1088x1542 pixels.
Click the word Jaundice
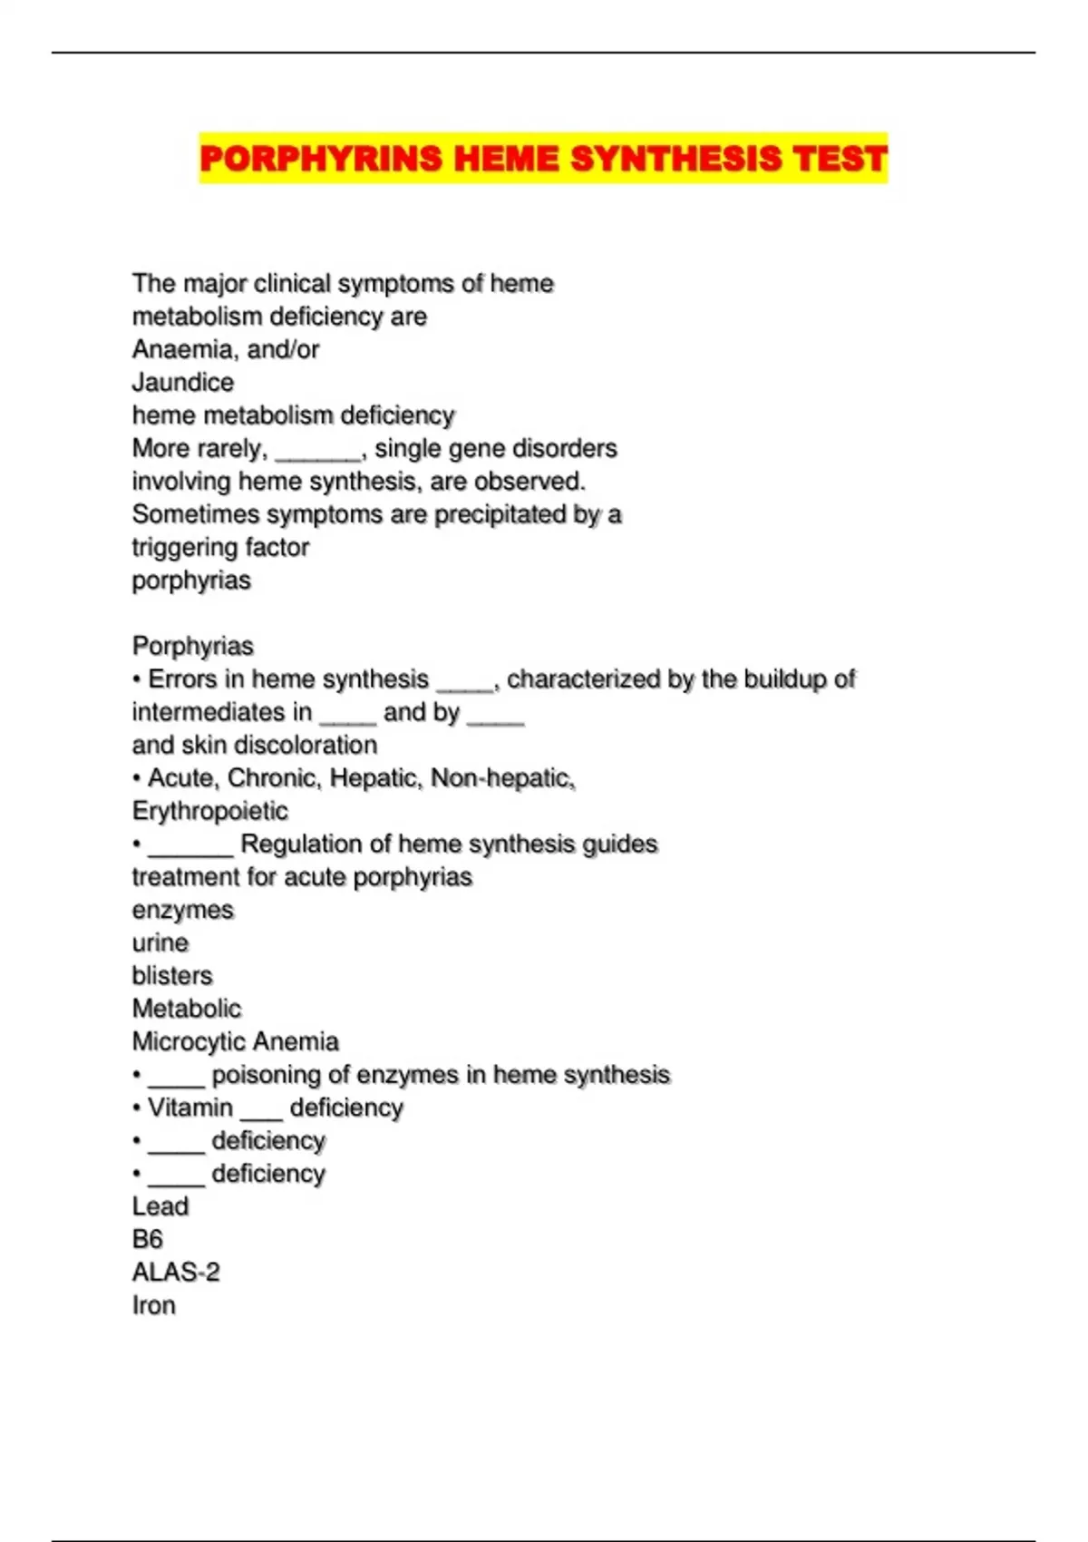point(183,383)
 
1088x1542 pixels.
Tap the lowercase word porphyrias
point(191,581)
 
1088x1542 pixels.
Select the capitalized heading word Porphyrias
point(192,647)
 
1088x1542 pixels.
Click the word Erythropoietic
point(209,811)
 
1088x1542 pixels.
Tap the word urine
point(160,943)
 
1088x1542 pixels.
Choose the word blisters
point(172,976)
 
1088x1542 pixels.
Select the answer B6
point(148,1239)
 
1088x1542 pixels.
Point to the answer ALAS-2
point(176,1273)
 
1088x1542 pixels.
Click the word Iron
point(154,1305)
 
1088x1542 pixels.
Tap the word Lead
point(160,1206)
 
